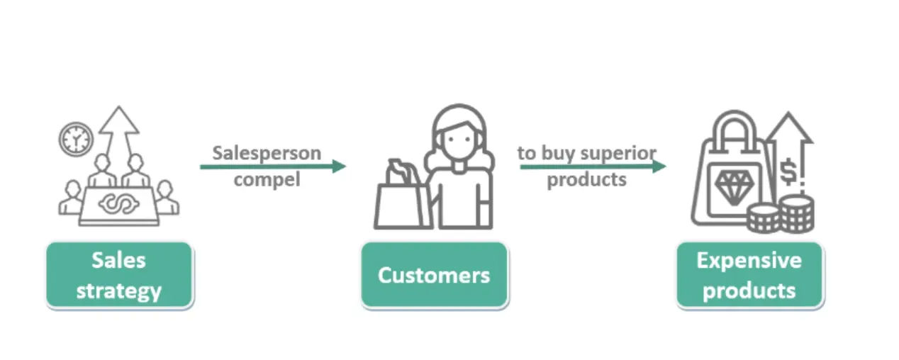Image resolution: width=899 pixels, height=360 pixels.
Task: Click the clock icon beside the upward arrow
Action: [76, 140]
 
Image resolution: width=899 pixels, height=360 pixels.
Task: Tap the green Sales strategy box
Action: [120, 276]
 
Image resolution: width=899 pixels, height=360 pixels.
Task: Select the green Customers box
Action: [434, 276]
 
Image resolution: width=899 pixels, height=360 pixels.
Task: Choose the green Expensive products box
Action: [749, 276]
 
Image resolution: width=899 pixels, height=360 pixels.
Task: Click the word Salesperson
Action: [267, 153]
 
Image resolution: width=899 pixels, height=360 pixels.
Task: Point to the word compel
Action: [267, 179]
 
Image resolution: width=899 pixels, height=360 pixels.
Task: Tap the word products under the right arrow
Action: [586, 179]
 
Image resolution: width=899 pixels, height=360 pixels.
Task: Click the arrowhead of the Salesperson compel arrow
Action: [339, 166]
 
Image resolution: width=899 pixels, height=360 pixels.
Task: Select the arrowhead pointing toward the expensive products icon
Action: [659, 166]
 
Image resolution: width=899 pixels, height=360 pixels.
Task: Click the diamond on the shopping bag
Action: [734, 187]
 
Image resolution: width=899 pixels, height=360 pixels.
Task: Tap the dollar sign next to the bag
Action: [788, 171]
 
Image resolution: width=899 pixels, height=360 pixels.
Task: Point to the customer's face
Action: [459, 140]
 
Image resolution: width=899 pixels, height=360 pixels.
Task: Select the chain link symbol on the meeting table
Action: [119, 203]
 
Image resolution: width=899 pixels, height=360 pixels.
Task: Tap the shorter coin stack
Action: [764, 218]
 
